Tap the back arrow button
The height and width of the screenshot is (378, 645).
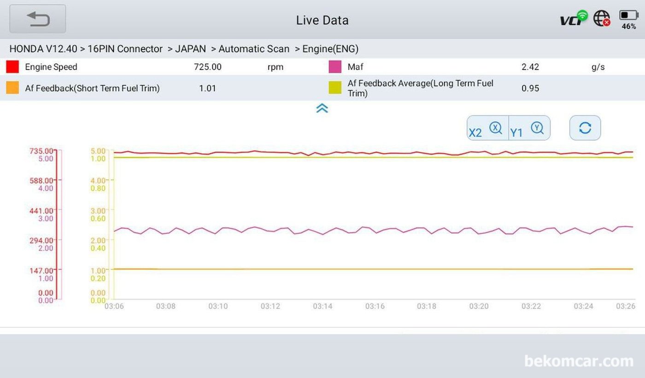click(38, 19)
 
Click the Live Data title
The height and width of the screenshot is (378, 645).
click(322, 20)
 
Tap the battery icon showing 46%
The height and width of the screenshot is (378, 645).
click(628, 16)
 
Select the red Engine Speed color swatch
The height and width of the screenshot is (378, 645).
click(12, 67)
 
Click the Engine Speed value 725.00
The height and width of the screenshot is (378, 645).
click(207, 67)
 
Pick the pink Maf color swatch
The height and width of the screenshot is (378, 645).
click(335, 67)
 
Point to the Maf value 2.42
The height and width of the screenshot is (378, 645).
click(530, 67)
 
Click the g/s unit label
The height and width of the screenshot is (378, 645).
click(598, 67)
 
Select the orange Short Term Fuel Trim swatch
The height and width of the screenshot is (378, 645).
click(12, 88)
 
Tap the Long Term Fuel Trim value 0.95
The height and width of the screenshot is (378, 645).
click(530, 88)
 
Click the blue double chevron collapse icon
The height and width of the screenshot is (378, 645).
click(322, 108)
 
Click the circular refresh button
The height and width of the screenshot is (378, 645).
click(585, 128)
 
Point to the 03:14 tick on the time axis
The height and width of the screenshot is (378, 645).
click(322, 306)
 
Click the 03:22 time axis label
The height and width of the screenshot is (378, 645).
click(531, 306)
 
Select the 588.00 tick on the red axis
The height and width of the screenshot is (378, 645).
click(42, 180)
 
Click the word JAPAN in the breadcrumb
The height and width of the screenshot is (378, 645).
click(190, 49)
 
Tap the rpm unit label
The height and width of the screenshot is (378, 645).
click(276, 67)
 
